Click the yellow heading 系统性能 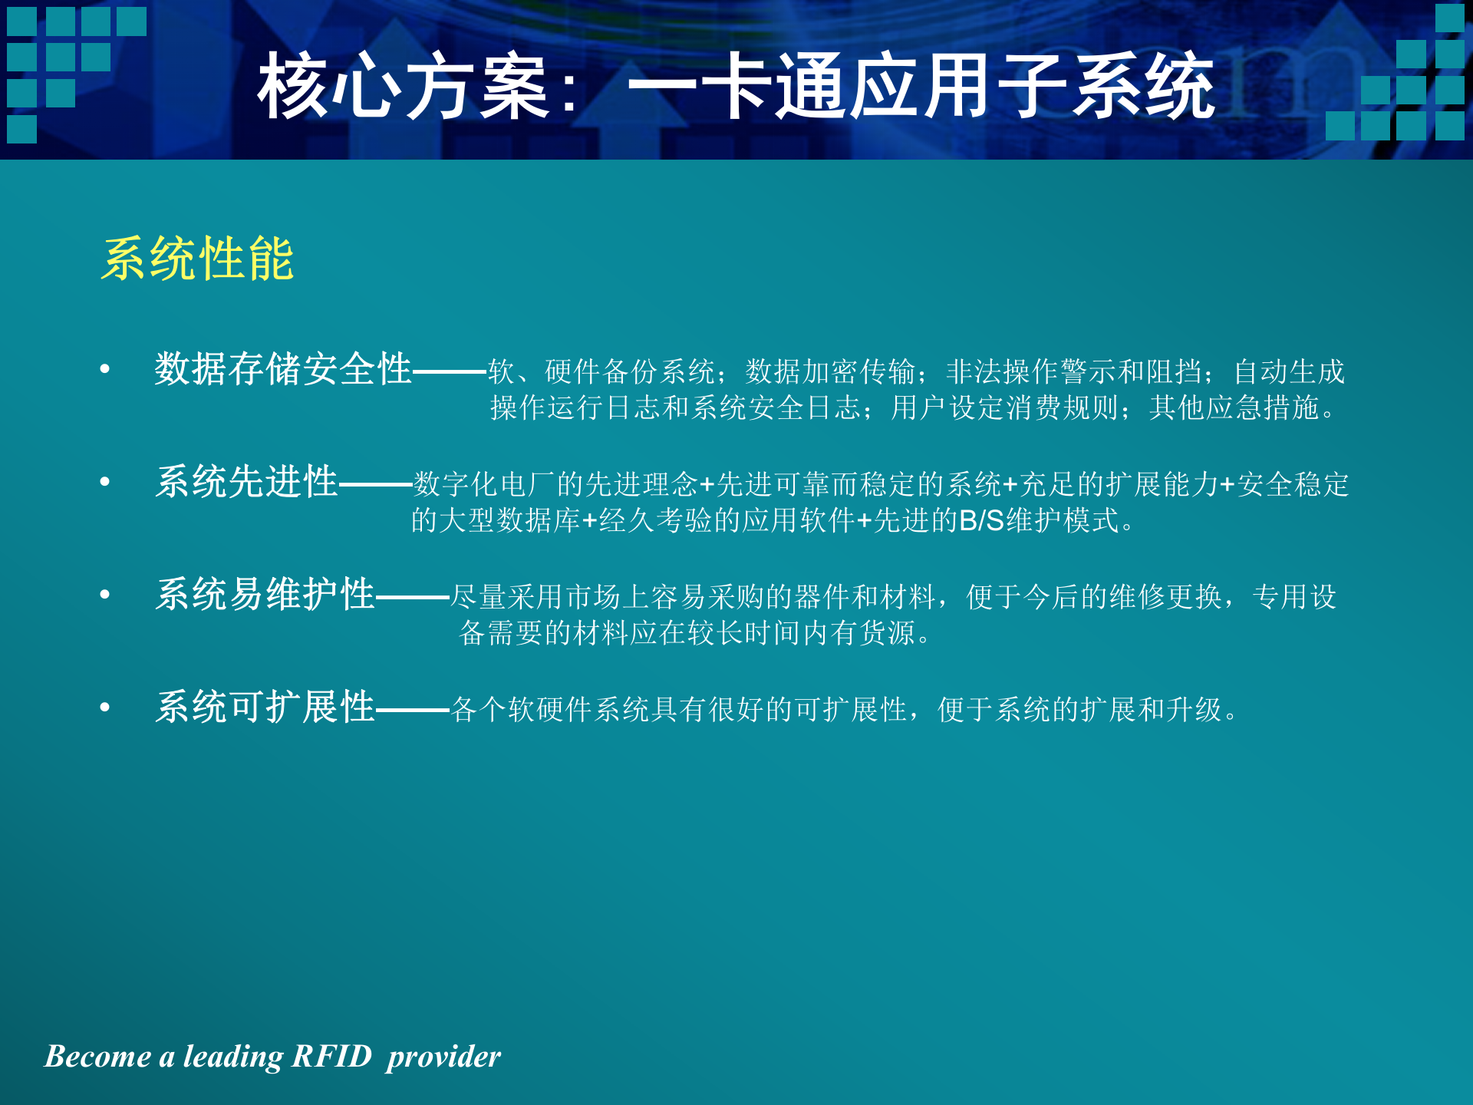[197, 259]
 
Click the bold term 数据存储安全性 [283, 369]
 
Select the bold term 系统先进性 [246, 482]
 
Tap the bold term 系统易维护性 [265, 595]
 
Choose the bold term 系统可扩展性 [265, 707]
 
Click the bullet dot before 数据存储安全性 [105, 370]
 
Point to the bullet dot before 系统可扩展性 [105, 708]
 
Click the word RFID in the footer [331, 1057]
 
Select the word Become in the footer [97, 1057]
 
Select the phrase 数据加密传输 [830, 372]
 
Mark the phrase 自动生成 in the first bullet [1289, 372]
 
